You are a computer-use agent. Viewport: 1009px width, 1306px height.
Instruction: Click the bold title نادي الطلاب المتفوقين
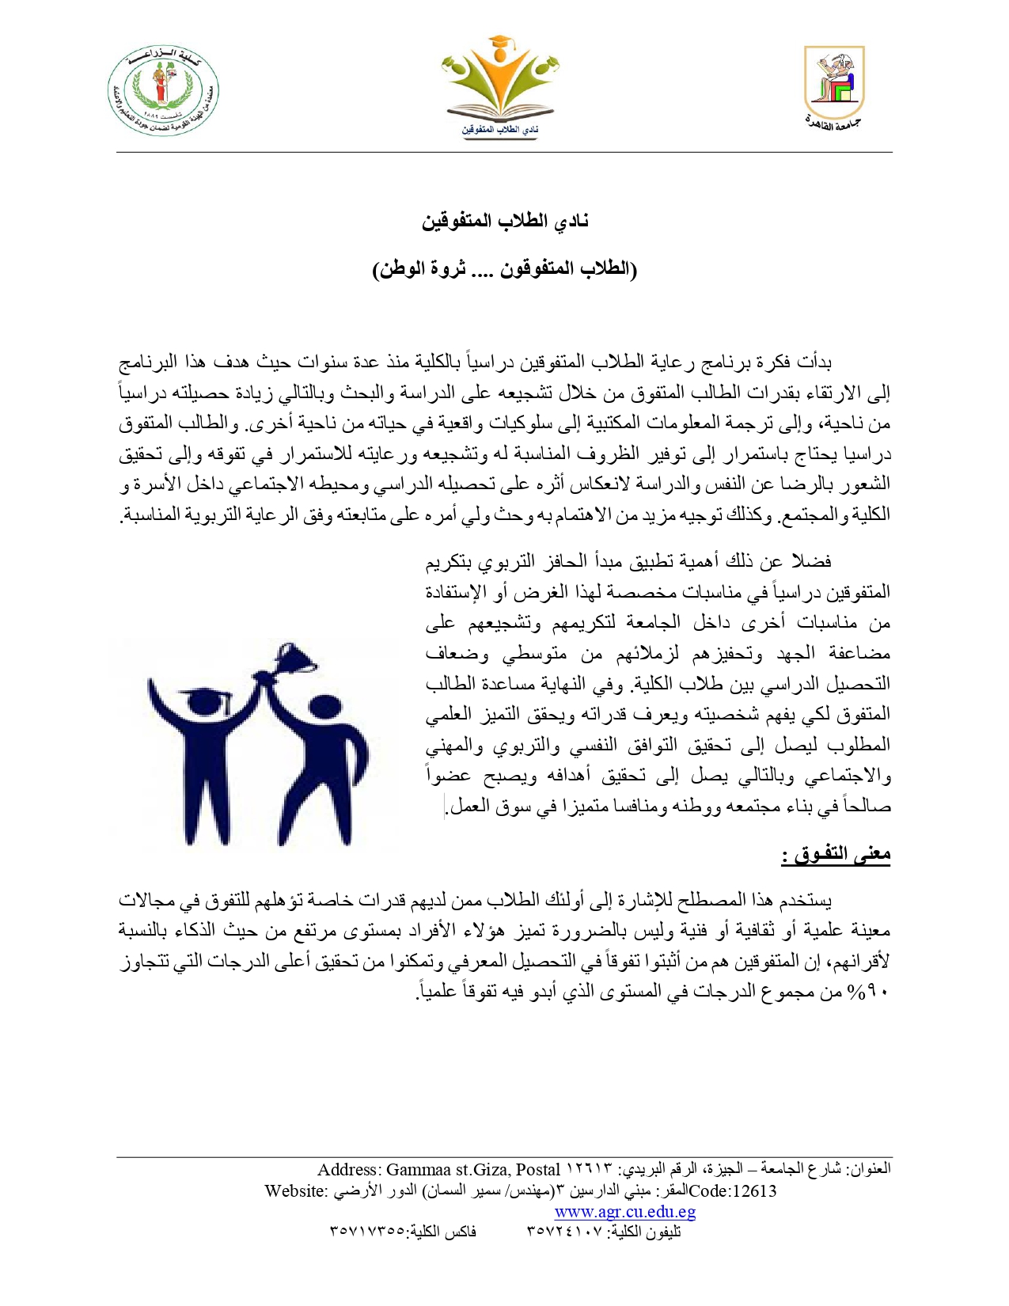[505, 221]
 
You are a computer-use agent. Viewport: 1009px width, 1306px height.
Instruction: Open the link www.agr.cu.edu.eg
[624, 1212]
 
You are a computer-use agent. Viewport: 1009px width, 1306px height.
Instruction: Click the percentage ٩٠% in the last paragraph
[871, 992]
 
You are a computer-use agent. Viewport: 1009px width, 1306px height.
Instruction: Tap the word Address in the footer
[348, 1170]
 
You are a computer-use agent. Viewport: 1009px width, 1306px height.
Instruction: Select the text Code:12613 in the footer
[733, 1191]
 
